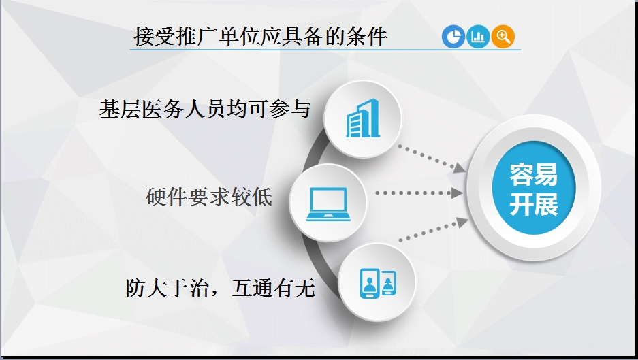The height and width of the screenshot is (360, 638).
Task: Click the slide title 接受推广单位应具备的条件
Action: pos(260,36)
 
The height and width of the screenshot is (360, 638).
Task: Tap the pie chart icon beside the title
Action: pos(453,37)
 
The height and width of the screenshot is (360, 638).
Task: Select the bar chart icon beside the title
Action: pos(478,37)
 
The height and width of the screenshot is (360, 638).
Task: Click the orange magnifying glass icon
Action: pos(503,37)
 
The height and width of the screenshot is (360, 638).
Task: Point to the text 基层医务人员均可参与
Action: pos(205,110)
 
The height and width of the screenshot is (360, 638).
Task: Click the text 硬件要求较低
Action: pos(209,197)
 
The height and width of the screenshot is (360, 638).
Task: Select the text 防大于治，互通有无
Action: pos(220,288)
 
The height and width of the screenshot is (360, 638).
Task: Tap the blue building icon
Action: pos(362,118)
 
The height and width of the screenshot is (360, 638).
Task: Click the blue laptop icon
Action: pos(328,203)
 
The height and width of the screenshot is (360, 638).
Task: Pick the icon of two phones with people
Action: pos(378,283)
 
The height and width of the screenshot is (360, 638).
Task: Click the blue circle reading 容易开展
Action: pos(533,188)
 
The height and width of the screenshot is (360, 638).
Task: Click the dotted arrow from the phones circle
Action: pos(434,230)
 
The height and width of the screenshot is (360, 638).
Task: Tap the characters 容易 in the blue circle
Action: pos(533,174)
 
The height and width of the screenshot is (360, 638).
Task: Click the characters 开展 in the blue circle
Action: pos(533,203)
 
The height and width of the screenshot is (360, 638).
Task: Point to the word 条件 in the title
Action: pos(366,36)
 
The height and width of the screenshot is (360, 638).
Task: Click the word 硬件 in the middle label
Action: pos(166,197)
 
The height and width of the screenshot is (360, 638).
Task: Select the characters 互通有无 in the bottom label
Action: pos(274,288)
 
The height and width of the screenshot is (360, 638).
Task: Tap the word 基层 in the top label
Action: pos(120,110)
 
